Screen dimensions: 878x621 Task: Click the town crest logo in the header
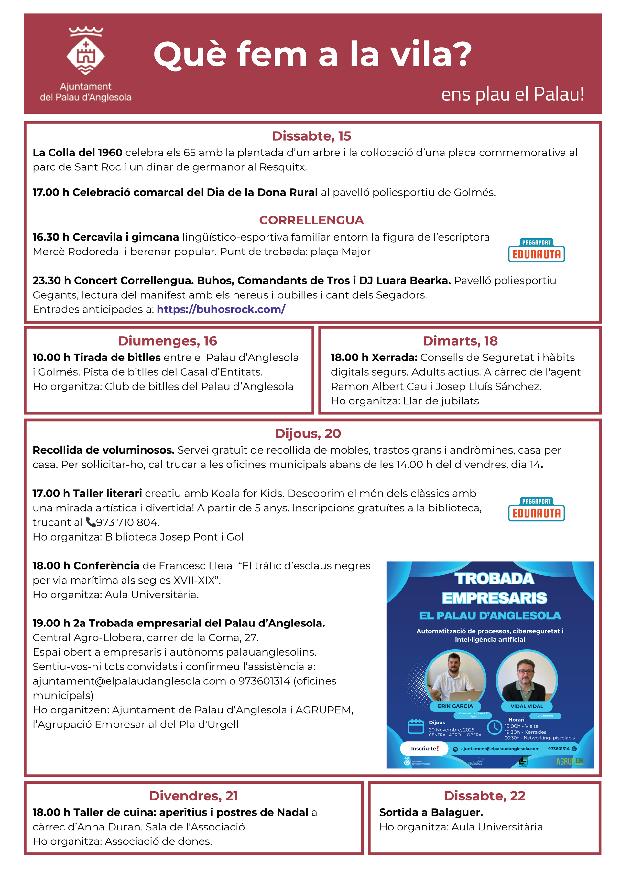(85, 51)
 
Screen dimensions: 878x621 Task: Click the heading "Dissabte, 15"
(311, 136)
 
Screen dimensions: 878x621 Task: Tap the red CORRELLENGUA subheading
(311, 220)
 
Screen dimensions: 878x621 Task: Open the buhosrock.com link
(221, 309)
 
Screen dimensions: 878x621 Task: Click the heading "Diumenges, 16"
(167, 341)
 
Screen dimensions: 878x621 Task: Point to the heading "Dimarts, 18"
(460, 341)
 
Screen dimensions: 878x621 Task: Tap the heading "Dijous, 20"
(308, 433)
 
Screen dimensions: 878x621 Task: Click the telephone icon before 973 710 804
(90, 522)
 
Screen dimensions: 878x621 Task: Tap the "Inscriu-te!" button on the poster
(424, 748)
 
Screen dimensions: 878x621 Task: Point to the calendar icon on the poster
(416, 726)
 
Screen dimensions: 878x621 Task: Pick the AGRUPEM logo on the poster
(569, 761)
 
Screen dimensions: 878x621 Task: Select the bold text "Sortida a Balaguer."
(431, 812)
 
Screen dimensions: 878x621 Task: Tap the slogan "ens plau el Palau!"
(512, 94)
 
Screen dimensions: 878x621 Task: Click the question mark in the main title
(460, 54)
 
